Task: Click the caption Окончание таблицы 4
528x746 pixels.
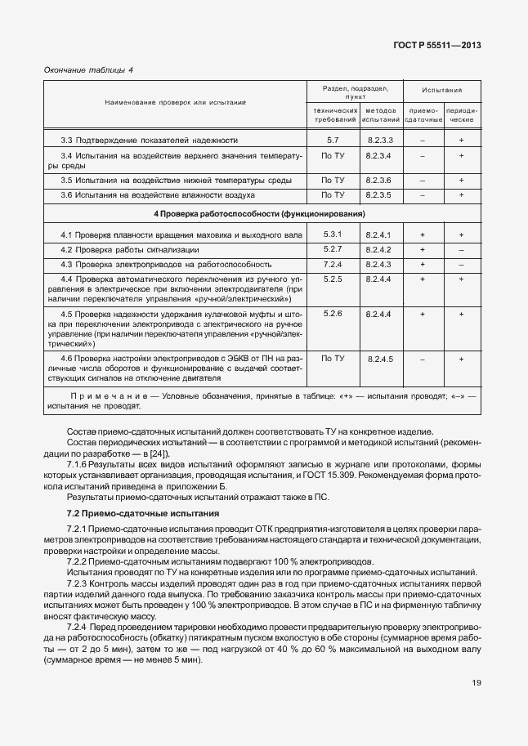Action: pyautogui.click(x=87, y=70)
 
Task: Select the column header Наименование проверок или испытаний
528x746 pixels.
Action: pyautogui.click(x=175, y=102)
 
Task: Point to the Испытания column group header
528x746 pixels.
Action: pyautogui.click(x=442, y=91)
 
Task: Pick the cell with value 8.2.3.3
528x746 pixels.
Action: pyautogui.click(x=380, y=140)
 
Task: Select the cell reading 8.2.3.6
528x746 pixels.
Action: pyautogui.click(x=380, y=180)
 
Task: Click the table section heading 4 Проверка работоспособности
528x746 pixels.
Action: pyautogui.click(x=260, y=214)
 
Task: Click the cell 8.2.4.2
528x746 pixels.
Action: pyautogui.click(x=380, y=249)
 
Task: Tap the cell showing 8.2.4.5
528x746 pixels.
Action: pyautogui.click(x=380, y=359)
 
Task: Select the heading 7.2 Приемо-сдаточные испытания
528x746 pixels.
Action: pyautogui.click(x=142, y=513)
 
